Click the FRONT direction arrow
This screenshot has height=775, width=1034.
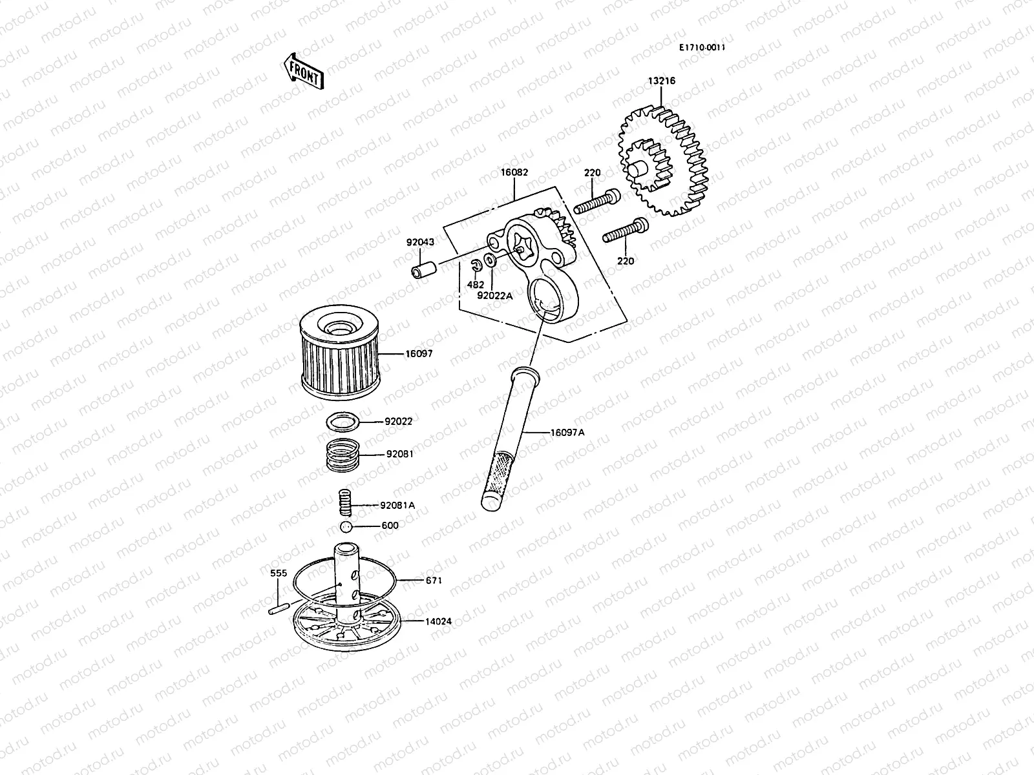coord(303,70)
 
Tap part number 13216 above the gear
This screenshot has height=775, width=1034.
coord(662,81)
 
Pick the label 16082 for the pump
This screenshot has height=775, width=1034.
coord(514,173)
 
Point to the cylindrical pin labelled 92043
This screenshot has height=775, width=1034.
coord(424,270)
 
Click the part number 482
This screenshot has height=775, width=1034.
coord(475,285)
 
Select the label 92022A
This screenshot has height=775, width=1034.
coord(494,296)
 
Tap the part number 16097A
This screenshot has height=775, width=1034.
coord(567,432)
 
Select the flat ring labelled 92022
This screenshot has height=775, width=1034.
coord(343,423)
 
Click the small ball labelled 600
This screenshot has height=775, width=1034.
coord(348,527)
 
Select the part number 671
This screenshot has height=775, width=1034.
coord(434,581)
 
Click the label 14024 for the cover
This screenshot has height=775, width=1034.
coord(438,622)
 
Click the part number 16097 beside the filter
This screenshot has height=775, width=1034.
coord(419,354)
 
